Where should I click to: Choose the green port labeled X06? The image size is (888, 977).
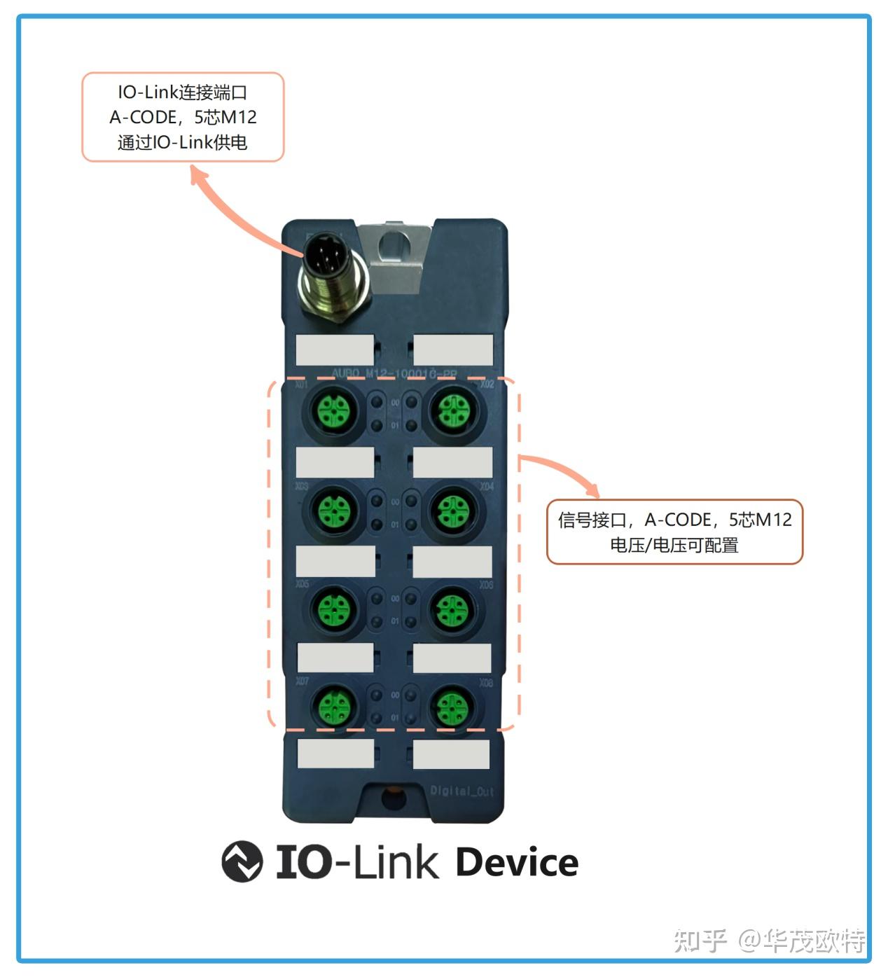click(x=453, y=608)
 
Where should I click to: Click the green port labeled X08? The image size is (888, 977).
click(x=453, y=707)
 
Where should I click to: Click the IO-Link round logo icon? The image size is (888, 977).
click(x=242, y=861)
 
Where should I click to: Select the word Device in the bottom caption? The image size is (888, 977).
click(x=517, y=862)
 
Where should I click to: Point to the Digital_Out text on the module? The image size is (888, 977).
click(x=462, y=791)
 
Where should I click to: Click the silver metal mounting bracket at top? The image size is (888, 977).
click(x=396, y=256)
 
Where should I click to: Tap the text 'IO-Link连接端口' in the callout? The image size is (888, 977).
click(x=183, y=92)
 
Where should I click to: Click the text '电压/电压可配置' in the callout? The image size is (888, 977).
click(x=674, y=545)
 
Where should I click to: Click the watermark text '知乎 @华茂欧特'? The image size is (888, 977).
click(x=769, y=941)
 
